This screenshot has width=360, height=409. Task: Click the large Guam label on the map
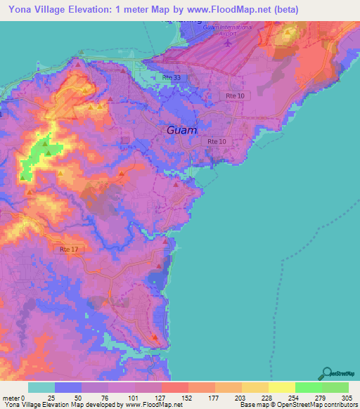point(181,131)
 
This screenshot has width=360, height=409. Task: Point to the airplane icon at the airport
point(227,43)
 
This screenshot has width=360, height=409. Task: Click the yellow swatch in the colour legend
point(281,387)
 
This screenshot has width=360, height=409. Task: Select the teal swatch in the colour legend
point(41,387)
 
